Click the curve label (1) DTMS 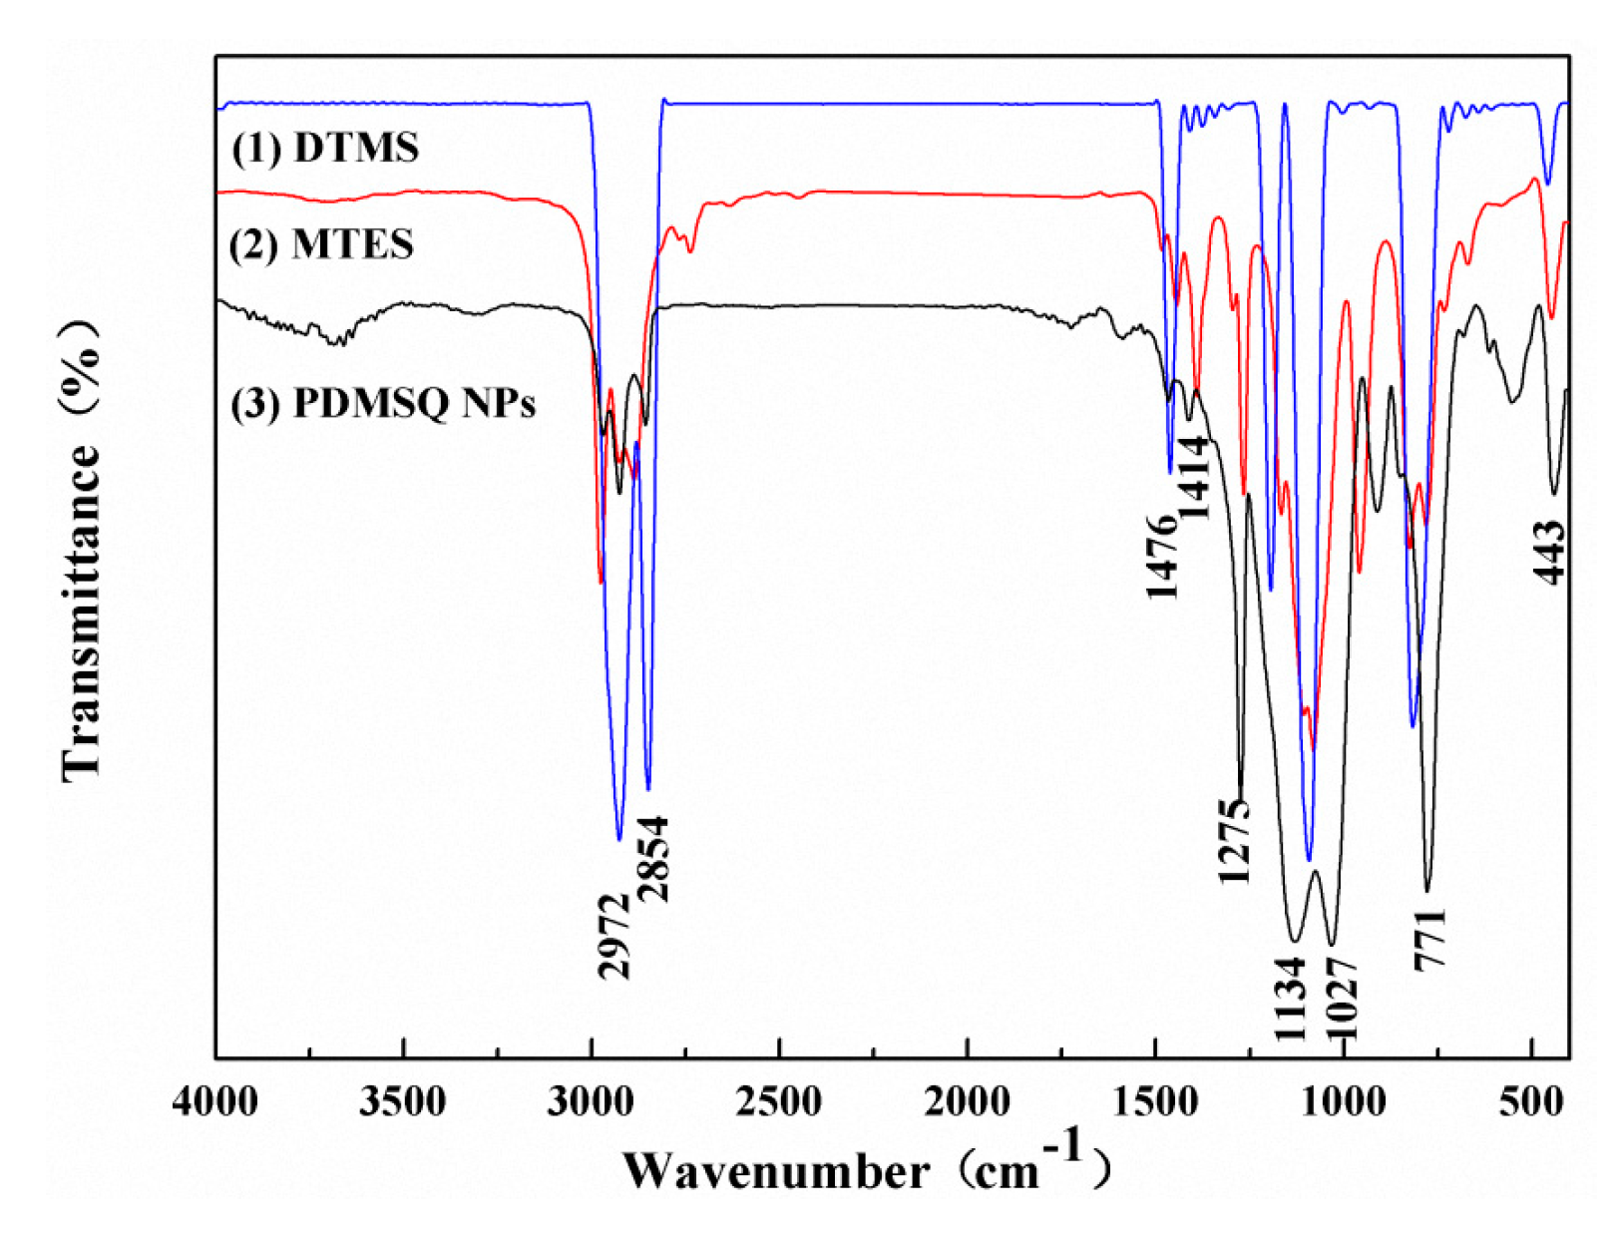(x=325, y=148)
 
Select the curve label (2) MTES (x=321, y=244)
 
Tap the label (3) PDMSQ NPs (x=383, y=403)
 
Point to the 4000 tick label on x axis (x=215, y=1102)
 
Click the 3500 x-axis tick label (x=403, y=1102)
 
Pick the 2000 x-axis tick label (x=966, y=1102)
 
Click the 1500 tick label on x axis (x=1154, y=1102)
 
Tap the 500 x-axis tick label (x=1529, y=1102)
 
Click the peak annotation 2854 (x=654, y=859)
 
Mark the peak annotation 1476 (x=1162, y=557)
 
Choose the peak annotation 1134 (x=1290, y=999)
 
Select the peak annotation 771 (x=1429, y=939)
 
